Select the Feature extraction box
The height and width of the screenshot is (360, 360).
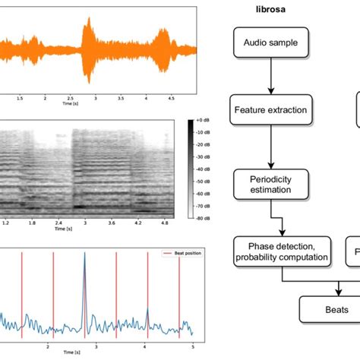tap(270, 110)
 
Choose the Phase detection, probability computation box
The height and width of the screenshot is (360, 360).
tap(282, 251)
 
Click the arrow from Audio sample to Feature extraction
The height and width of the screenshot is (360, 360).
tap(270, 76)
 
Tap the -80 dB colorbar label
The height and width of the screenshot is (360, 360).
tap(203, 216)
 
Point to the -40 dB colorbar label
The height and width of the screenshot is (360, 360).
tap(203, 169)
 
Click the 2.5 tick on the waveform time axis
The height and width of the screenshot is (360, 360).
tap(71, 98)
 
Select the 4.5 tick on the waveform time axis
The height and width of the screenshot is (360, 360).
tap(172, 98)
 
